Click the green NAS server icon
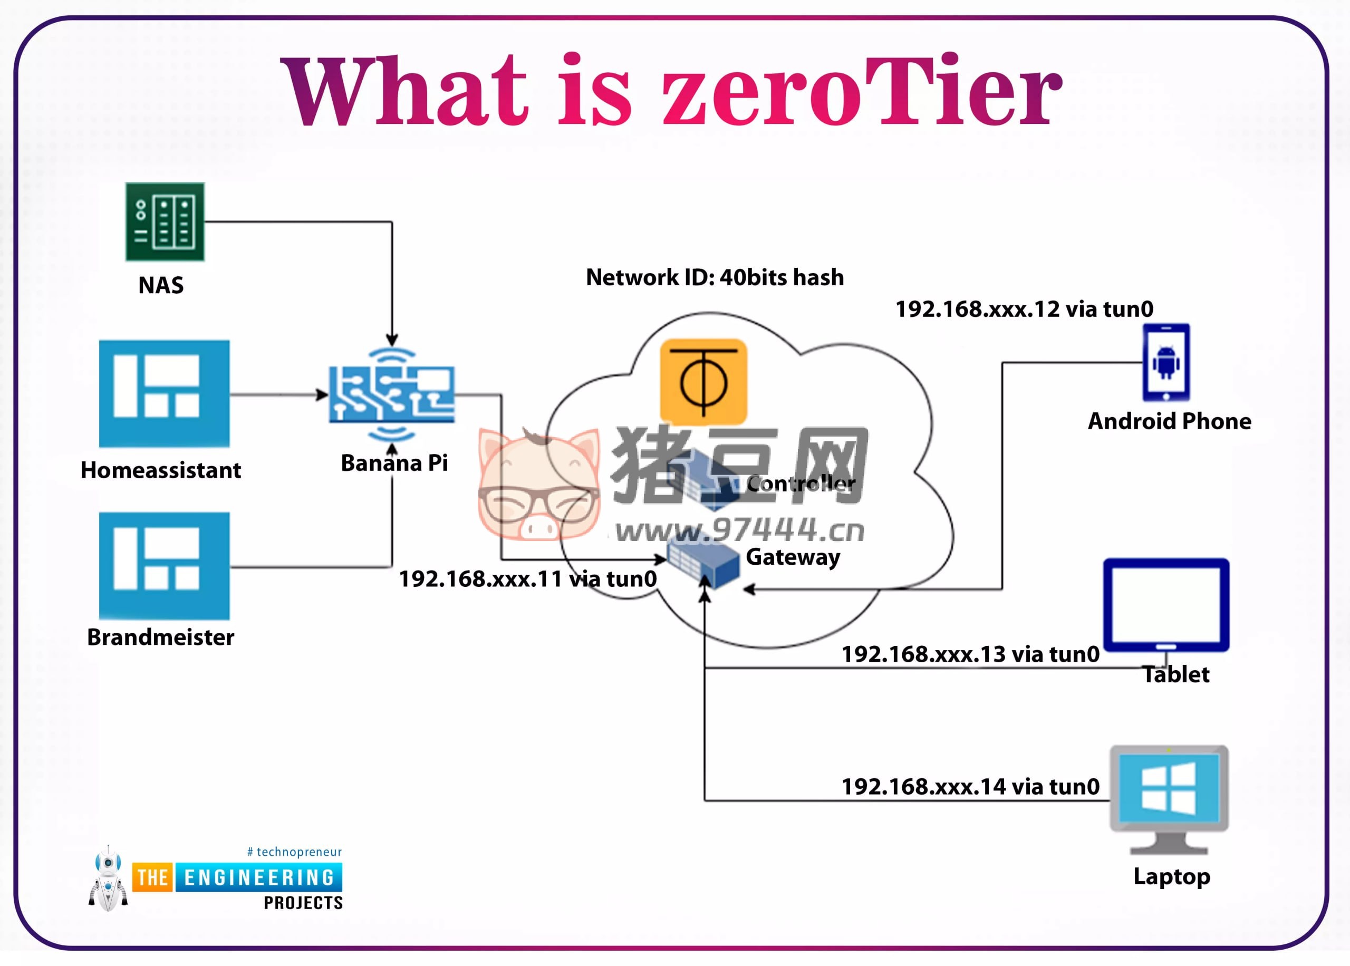(165, 222)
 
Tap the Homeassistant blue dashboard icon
(164, 393)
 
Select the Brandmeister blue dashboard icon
(164, 566)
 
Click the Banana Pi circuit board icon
(392, 394)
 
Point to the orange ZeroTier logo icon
(703, 381)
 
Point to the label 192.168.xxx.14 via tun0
(970, 787)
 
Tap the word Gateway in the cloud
(793, 557)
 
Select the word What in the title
(404, 92)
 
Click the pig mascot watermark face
(538, 485)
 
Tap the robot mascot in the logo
(108, 878)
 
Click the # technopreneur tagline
(294, 852)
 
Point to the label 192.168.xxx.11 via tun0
(527, 579)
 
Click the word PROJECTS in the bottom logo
(303, 903)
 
